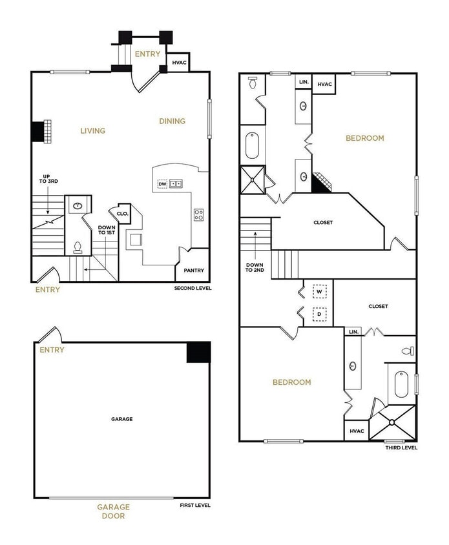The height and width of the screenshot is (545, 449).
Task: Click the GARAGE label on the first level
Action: click(x=121, y=419)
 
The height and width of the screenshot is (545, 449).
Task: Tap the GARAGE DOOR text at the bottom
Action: click(x=114, y=511)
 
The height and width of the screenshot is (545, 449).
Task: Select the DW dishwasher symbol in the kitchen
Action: click(x=162, y=184)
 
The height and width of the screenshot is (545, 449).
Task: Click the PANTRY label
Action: click(x=194, y=271)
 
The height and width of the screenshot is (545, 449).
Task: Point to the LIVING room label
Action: click(x=92, y=130)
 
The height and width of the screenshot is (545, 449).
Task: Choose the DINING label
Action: click(x=172, y=121)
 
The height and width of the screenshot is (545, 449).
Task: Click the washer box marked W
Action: click(x=318, y=291)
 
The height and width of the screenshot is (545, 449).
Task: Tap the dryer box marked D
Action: click(x=318, y=315)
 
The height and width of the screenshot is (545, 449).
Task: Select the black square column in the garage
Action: click(x=198, y=352)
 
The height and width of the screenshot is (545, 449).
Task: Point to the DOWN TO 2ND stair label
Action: click(x=255, y=267)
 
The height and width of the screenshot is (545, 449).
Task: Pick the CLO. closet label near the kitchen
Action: click(x=123, y=213)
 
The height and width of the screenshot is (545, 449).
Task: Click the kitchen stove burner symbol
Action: click(x=198, y=215)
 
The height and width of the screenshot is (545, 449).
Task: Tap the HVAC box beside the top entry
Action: click(x=179, y=63)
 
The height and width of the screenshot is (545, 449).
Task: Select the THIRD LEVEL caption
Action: click(x=401, y=447)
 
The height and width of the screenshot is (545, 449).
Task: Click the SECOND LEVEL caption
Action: click(x=193, y=288)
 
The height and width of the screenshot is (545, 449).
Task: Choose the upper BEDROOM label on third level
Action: click(x=364, y=138)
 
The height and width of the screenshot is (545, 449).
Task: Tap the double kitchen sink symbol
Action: click(x=176, y=184)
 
